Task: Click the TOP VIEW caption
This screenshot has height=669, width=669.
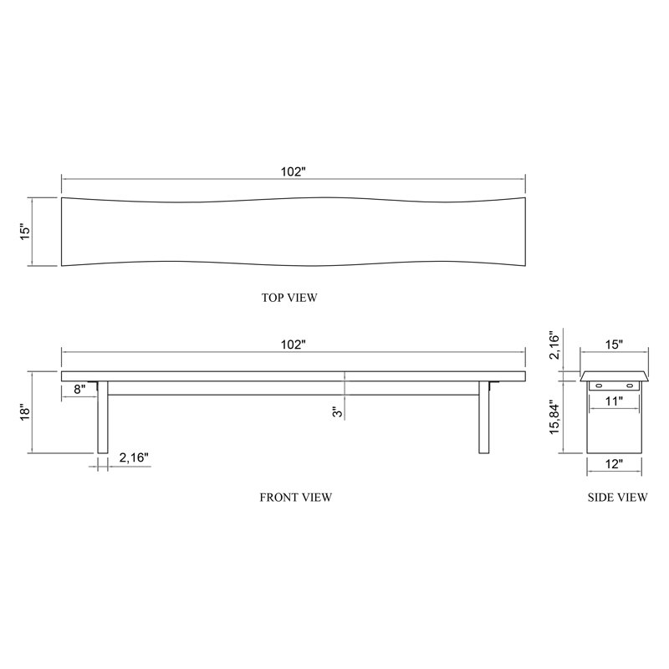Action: (289, 298)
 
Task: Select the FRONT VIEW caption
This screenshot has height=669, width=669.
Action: (296, 497)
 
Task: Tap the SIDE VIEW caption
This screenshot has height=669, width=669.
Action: (617, 497)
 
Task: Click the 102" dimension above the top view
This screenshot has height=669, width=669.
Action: (294, 171)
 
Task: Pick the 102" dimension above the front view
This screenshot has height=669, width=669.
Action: (294, 345)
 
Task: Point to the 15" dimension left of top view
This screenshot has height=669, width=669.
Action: (26, 232)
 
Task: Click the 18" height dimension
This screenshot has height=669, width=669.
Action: (26, 412)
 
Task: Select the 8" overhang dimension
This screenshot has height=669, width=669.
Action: (79, 389)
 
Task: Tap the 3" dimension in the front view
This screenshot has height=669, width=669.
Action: (338, 411)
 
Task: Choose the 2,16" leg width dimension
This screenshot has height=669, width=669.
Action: (134, 457)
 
